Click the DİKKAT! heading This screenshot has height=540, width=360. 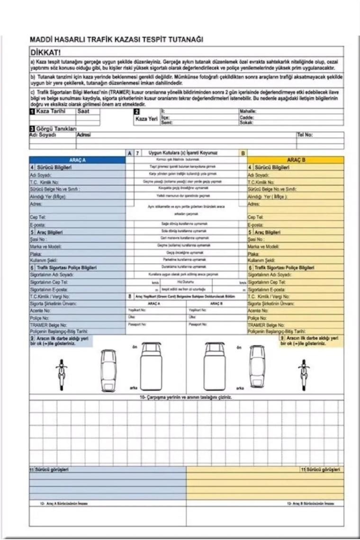point(48,51)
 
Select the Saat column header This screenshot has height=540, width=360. point(86,111)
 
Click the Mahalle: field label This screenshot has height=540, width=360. point(248,111)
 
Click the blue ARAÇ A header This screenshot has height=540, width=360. point(77,161)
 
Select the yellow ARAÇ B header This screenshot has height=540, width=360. point(296,161)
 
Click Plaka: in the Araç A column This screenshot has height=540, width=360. point(36,253)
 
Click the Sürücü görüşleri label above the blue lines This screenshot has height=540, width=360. point(50,469)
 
